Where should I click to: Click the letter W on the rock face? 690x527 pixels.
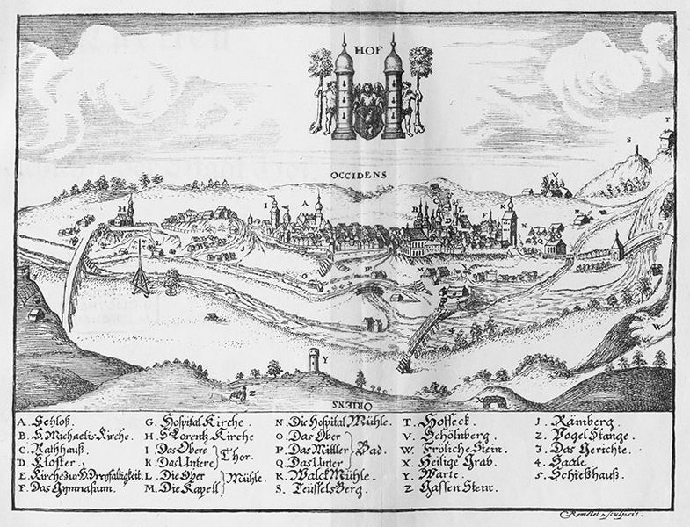[657, 325]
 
